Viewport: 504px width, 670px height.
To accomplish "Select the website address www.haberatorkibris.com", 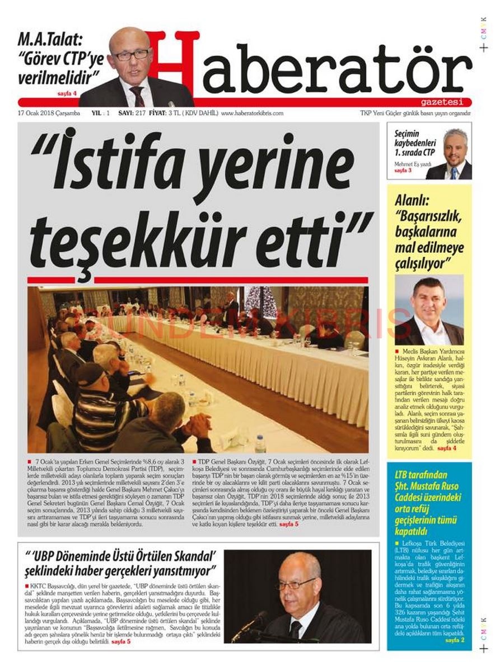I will [x=252, y=113].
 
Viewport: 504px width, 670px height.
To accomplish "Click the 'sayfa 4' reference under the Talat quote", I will [x=67, y=93].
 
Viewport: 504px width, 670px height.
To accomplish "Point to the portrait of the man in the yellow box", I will [x=428, y=310].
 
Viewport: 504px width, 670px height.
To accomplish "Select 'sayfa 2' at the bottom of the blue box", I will [x=454, y=640].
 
